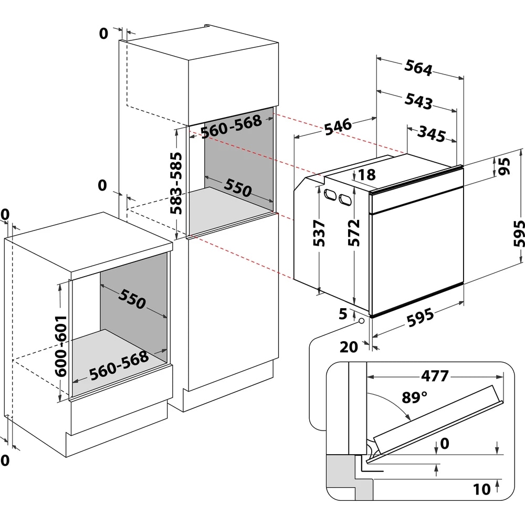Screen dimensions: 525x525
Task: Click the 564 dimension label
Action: pyautogui.click(x=418, y=68)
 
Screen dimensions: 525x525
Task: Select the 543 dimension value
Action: pyautogui.click(x=418, y=101)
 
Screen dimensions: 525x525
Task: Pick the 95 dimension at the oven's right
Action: pyautogui.click(x=505, y=167)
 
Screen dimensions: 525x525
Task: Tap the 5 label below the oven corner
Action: pyautogui.click(x=343, y=314)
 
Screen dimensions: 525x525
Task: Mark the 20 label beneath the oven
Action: pyautogui.click(x=349, y=346)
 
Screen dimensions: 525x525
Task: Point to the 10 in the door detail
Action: pyautogui.click(x=481, y=489)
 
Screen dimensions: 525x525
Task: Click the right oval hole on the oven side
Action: pyautogui.click(x=345, y=199)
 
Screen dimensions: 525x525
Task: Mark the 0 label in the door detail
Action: pyautogui.click(x=444, y=444)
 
